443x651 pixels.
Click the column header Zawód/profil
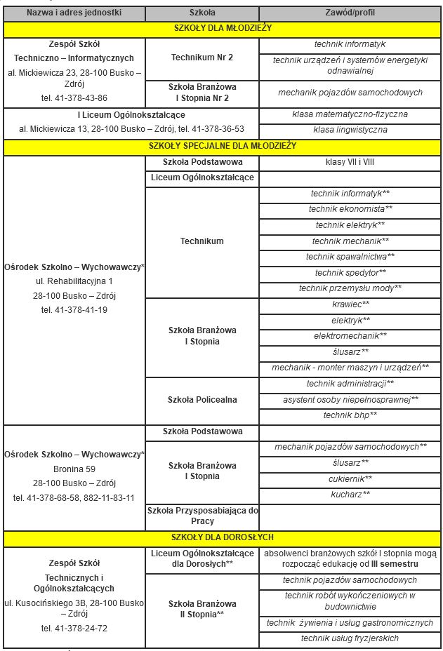(x=350, y=13)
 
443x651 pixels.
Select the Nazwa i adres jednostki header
(x=74, y=13)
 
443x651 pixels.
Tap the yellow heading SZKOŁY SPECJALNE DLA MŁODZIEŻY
(x=223, y=146)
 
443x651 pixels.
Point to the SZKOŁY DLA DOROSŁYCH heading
(x=223, y=538)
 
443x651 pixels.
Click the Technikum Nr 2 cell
(x=202, y=57)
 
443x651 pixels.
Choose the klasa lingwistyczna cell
(x=350, y=130)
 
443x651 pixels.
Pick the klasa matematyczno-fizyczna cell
(x=350, y=114)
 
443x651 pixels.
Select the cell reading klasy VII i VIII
(x=350, y=162)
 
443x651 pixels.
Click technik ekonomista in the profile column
(x=350, y=209)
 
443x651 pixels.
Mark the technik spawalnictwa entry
(x=350, y=257)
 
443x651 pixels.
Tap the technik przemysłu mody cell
(x=350, y=288)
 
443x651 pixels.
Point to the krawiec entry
(x=350, y=304)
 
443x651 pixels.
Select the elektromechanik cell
(x=350, y=336)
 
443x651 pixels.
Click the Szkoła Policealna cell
(x=202, y=400)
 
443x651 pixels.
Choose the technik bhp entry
(x=350, y=416)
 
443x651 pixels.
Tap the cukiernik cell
(x=350, y=478)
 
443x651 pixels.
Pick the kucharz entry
(x=350, y=495)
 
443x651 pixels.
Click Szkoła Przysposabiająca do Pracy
(x=202, y=516)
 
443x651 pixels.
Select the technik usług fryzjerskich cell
(x=350, y=638)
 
